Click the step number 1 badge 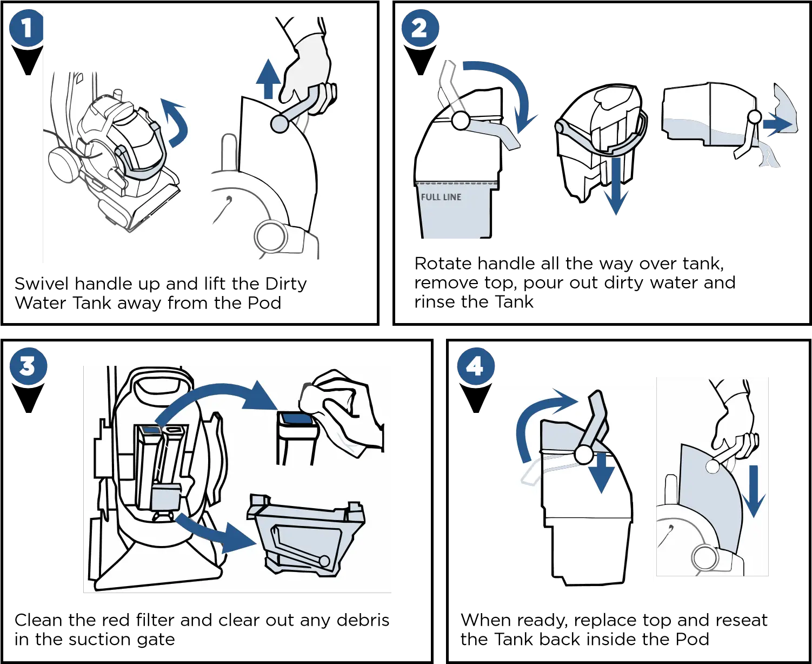26,29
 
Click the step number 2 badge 420,29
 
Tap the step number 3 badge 28,366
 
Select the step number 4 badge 475,366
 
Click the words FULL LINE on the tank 441,197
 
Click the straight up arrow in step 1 268,78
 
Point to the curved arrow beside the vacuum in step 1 177,122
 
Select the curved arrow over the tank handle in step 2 503,87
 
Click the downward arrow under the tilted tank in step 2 615,187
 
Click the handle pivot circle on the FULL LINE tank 460,121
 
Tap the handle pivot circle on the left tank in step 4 583,455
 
